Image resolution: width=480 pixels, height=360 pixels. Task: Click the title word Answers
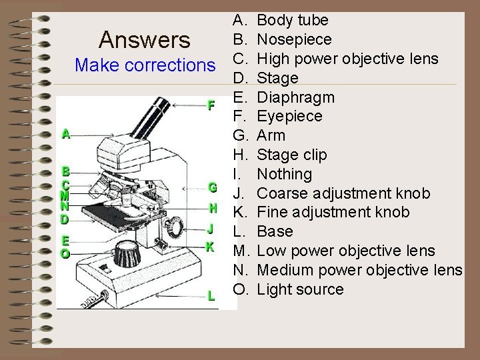[144, 41]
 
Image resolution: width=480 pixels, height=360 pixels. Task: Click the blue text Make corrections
[145, 65]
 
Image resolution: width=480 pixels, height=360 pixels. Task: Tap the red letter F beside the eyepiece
[211, 105]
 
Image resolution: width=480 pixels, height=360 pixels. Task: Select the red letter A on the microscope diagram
[65, 133]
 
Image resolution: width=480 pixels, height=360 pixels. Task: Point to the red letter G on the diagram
[211, 187]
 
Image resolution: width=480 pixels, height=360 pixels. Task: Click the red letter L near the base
[211, 295]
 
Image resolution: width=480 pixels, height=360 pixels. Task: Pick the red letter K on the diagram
[210, 246]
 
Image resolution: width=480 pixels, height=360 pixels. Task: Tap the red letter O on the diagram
[65, 254]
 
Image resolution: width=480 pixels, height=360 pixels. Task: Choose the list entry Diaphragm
[296, 97]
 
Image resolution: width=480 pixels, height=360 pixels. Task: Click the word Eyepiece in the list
[289, 117]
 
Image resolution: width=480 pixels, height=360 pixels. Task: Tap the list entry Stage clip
[292, 155]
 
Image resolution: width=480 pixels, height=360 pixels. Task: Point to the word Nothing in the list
[285, 174]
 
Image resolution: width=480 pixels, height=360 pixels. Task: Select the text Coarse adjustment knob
[343, 193]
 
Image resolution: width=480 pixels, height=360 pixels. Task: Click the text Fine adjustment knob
[334, 213]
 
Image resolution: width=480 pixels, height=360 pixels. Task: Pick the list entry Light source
[300, 289]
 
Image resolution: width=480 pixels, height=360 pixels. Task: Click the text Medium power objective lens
[359, 270]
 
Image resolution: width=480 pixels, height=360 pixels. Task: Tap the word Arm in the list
[271, 135]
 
